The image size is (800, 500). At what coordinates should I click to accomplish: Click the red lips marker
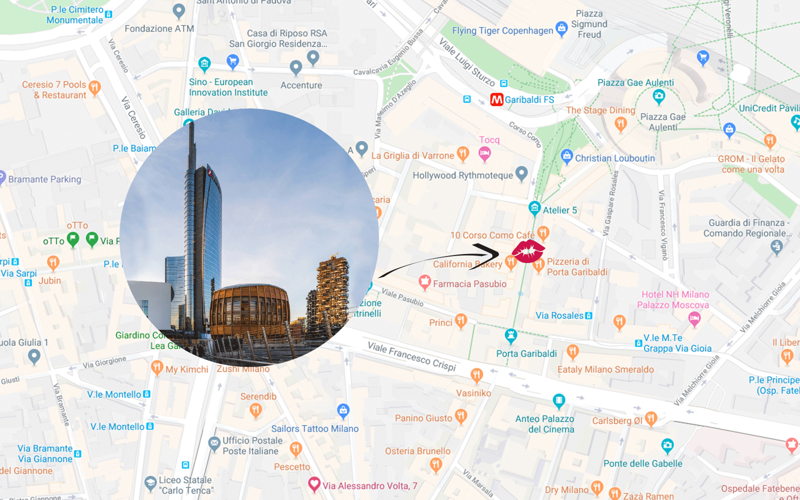(527, 251)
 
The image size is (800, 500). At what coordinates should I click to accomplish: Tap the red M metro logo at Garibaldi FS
(496, 100)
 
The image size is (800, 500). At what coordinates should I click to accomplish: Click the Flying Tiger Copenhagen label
(502, 31)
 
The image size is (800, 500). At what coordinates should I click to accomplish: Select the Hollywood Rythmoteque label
(462, 175)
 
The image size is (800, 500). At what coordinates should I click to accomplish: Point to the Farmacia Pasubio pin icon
(424, 282)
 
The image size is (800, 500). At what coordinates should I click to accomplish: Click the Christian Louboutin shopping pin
(566, 157)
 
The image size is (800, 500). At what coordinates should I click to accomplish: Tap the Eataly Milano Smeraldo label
(605, 369)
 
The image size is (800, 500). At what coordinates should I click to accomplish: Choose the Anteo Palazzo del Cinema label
(545, 424)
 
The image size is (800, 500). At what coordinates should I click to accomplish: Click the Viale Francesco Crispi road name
(411, 356)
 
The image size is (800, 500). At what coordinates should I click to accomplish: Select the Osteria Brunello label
(417, 451)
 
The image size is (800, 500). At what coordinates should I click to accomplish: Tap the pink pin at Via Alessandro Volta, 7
(314, 484)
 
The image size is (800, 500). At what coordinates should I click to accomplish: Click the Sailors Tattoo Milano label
(314, 428)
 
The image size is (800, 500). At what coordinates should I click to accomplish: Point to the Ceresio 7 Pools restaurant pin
(94, 88)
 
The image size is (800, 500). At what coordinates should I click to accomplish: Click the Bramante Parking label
(44, 179)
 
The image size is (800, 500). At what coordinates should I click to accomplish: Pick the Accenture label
(301, 85)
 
